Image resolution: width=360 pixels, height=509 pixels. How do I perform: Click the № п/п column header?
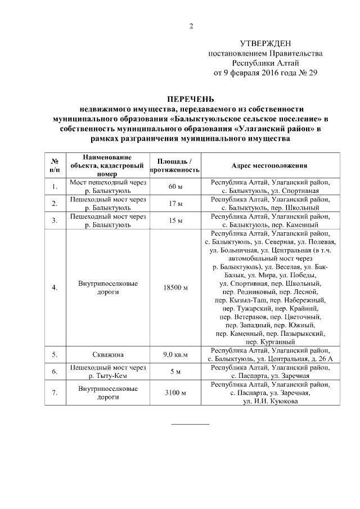pyautogui.click(x=55, y=165)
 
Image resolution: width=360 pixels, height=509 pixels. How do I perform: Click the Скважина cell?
pyautogui.click(x=107, y=355)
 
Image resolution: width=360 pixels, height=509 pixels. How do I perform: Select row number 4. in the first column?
pyautogui.click(x=55, y=287)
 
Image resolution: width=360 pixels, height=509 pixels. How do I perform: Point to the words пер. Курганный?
pyautogui.click(x=268, y=341)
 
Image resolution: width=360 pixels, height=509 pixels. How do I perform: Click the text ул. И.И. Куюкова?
pyautogui.click(x=268, y=401)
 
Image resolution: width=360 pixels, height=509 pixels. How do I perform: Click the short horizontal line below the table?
pyautogui.click(x=190, y=423)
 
